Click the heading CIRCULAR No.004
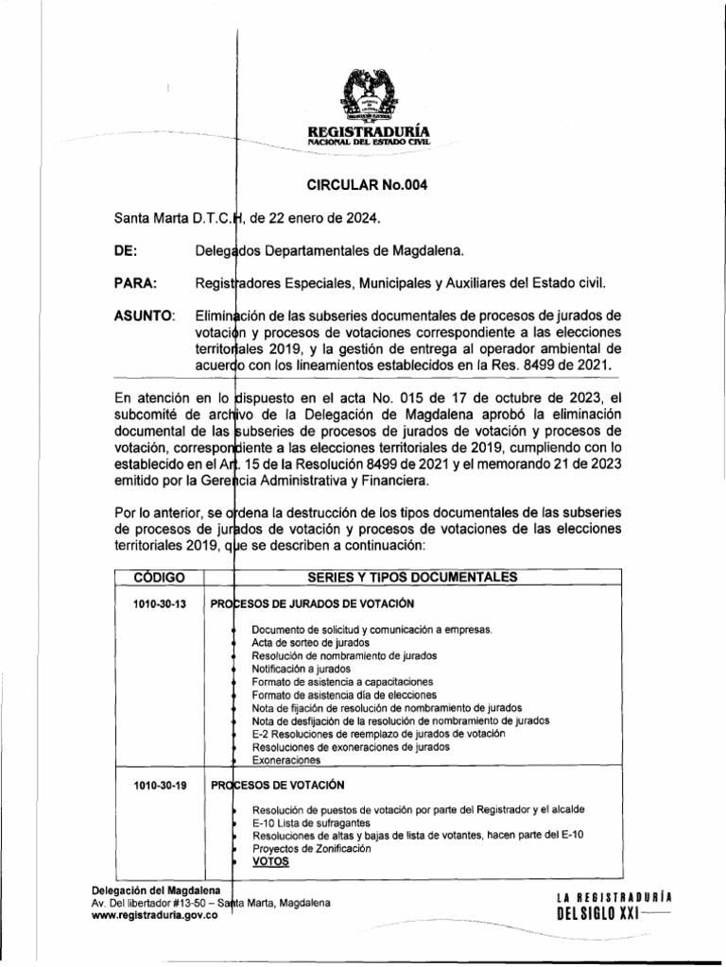[363, 185]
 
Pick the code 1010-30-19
[154, 785]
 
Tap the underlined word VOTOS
[271, 862]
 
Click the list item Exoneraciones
[286, 760]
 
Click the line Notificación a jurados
[302, 669]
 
